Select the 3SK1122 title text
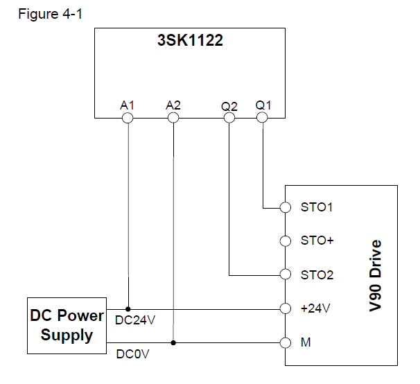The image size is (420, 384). [x=189, y=41]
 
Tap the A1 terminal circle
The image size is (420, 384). [x=128, y=118]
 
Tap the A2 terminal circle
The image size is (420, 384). [x=174, y=118]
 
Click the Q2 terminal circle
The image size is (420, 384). [x=229, y=118]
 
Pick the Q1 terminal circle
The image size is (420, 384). [x=262, y=118]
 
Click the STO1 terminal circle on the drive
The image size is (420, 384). [x=285, y=207]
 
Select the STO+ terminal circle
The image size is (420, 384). [x=285, y=241]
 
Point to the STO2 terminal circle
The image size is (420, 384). [x=285, y=274]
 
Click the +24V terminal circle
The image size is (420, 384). [x=285, y=308]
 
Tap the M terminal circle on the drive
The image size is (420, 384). [x=285, y=342]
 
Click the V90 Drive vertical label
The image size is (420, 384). [x=376, y=276]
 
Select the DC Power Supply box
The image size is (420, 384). [x=67, y=326]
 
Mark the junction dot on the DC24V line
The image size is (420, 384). [x=128, y=308]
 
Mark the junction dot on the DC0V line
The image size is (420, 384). [x=174, y=342]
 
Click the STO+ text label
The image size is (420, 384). [x=317, y=241]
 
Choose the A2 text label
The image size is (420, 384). [x=173, y=105]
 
